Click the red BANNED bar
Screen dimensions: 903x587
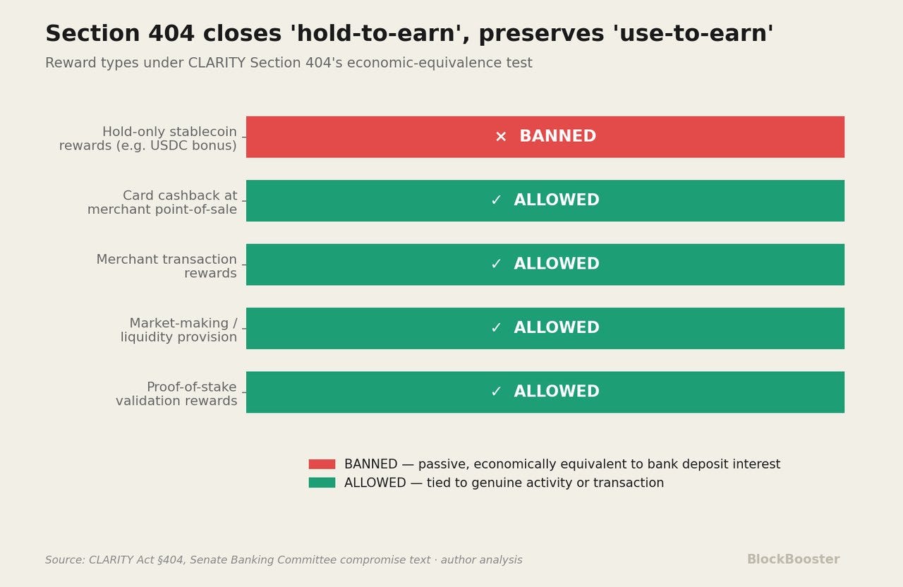pos(545,137)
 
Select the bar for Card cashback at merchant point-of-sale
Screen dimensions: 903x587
pos(545,201)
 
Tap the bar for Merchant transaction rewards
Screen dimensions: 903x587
pos(545,265)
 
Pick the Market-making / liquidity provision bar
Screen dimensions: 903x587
pos(545,329)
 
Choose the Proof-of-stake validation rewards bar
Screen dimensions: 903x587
pos(545,392)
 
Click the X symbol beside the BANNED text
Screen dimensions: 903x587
pos(501,137)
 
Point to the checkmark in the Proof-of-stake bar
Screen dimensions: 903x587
pos(496,391)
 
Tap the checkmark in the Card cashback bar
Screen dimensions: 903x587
pos(496,200)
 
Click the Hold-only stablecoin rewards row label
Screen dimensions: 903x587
pos(148,138)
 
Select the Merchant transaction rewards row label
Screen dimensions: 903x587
pos(166,266)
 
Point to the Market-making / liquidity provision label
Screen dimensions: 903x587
pos(179,329)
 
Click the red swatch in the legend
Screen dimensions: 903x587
pos(322,464)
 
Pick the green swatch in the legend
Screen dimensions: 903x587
pos(322,483)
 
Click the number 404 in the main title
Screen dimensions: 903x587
pos(171,33)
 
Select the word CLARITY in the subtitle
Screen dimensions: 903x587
pos(217,63)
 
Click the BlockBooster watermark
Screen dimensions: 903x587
pos(794,559)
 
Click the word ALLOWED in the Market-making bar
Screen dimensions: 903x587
pos(557,327)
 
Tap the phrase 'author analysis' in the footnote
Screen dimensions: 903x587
pos(481,560)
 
